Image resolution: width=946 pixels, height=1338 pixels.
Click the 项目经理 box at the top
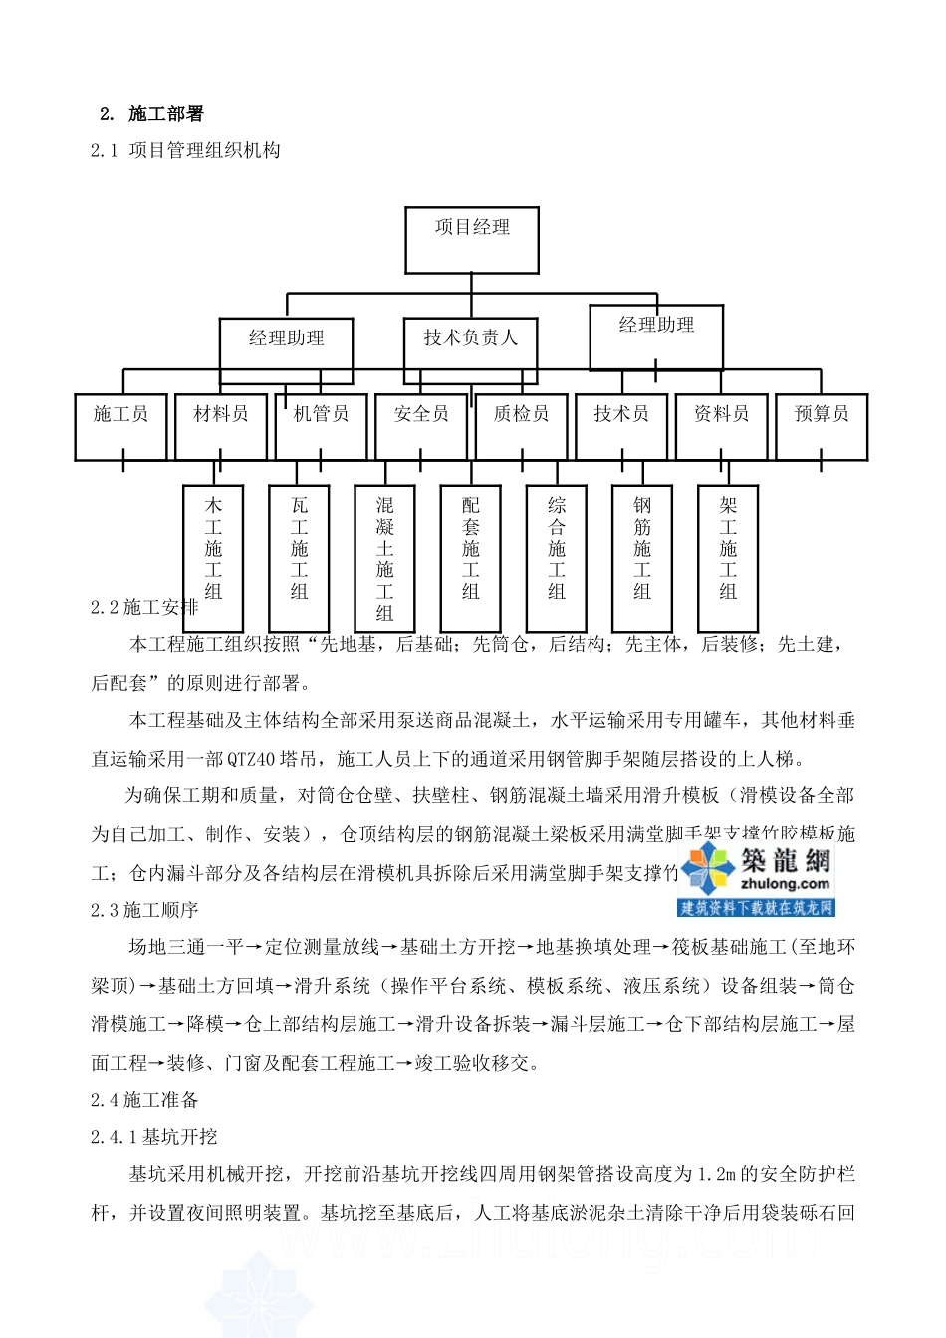click(471, 239)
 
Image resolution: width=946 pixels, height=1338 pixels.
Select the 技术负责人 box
click(471, 349)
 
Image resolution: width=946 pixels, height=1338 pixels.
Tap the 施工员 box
click(120, 426)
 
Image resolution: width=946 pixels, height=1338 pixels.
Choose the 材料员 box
click(221, 426)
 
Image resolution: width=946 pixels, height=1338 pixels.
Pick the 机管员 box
click(321, 426)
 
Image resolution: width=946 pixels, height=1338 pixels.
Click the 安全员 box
click(421, 426)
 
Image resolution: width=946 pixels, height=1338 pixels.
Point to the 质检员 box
click(521, 426)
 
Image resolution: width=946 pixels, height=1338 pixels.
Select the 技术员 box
click(621, 426)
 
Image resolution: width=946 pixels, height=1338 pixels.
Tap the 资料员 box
click(721, 426)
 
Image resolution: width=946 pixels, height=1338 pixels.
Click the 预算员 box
click(822, 426)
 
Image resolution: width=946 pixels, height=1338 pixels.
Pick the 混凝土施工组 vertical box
click(385, 557)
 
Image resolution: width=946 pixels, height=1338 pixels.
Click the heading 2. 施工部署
click(152, 114)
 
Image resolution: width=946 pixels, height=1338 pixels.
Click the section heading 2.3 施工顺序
click(144, 910)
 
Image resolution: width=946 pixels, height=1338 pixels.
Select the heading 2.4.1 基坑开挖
click(154, 1137)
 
